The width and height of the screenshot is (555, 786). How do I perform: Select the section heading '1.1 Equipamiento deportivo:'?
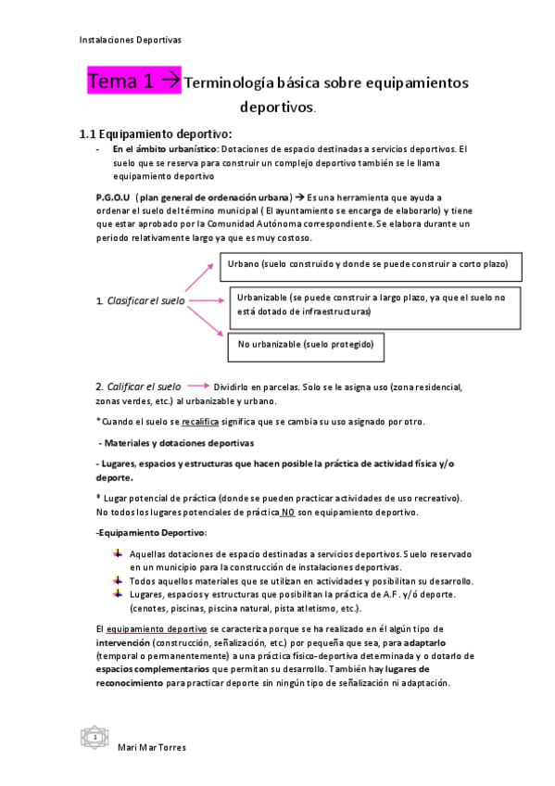[155, 133]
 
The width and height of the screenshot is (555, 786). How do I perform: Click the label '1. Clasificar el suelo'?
[140, 301]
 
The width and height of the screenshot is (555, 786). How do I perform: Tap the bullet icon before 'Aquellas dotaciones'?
[118, 553]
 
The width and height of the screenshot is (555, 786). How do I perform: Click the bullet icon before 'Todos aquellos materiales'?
[118, 579]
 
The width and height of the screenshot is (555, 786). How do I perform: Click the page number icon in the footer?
[95, 737]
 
